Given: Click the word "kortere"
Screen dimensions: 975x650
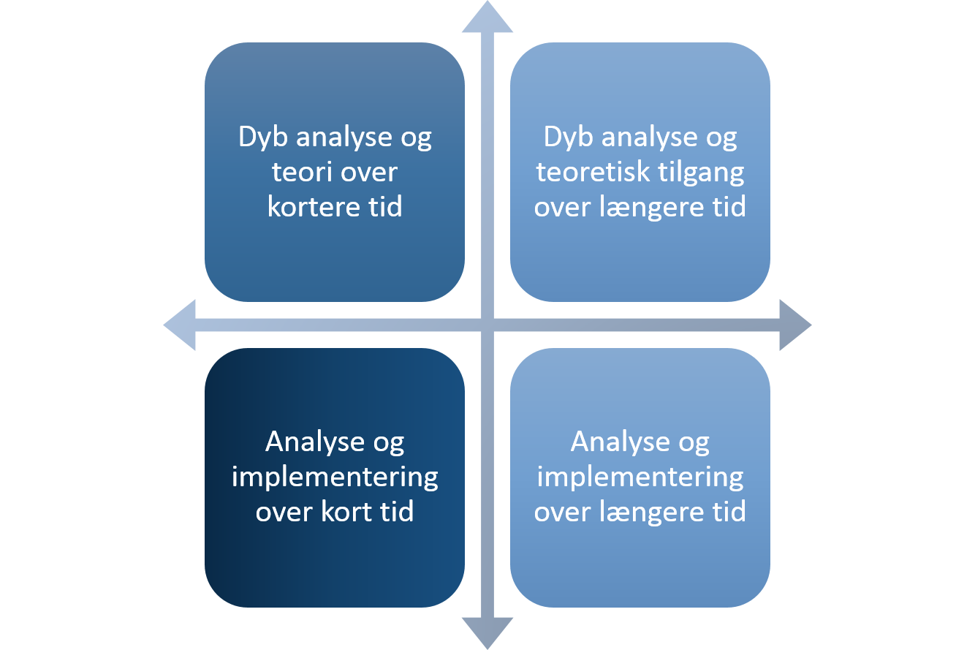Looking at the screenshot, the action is pos(314,206).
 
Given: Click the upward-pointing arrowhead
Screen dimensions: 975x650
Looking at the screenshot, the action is pos(487,17).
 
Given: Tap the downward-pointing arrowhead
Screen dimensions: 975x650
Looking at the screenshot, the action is pos(487,633).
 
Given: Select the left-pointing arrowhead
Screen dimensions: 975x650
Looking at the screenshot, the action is pos(179,325).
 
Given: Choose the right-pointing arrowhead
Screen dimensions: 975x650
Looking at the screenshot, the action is pos(795,325).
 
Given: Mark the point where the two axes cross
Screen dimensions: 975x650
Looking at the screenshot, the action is pos(487,325).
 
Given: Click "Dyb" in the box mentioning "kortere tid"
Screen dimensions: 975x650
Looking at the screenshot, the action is pos(263,138).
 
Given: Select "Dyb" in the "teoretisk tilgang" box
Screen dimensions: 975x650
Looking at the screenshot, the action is pos(569,138).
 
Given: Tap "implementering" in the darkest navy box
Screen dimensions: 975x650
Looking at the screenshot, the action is pos(335,478).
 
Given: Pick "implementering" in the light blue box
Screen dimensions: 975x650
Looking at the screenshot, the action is pos(640,478).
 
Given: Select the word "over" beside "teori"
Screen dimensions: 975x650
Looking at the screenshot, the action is pos(368,173).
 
